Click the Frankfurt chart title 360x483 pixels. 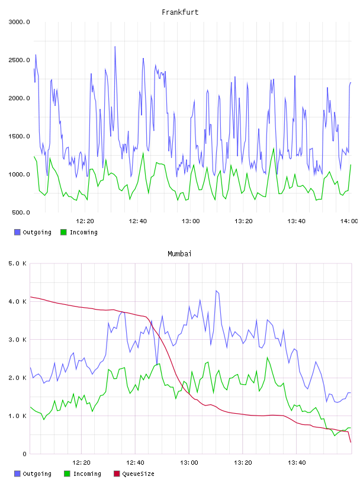pos(180,12)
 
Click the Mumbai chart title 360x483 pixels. pos(179,254)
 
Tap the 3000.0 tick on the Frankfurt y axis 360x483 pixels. pos(19,22)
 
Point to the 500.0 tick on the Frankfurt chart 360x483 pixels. pos(21,212)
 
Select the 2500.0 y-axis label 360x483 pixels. pos(19,60)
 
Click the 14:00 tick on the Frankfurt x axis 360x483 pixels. pos(349,221)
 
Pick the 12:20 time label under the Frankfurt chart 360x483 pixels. pos(85,221)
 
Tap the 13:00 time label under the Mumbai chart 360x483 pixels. pos(189,462)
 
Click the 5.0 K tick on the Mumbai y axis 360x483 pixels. pos(18,263)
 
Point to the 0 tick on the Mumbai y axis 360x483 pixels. pos(25,454)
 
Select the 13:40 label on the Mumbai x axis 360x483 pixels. pos(297,462)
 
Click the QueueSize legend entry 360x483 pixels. pos(138,474)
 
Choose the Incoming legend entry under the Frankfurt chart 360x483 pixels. pos(83,232)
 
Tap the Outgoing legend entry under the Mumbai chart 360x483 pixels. pos(37,474)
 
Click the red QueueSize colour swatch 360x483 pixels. pos(117,474)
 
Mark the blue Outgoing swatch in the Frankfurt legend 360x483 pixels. pos(17,232)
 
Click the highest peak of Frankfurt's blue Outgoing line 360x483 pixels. pos(115,47)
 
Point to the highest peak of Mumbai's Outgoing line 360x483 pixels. pos(216,291)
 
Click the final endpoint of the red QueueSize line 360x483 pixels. pos(351,442)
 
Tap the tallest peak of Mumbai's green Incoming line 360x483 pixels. pos(267,358)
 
